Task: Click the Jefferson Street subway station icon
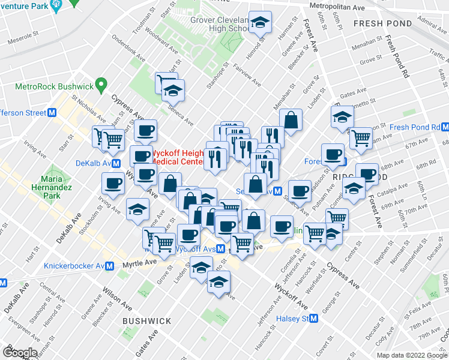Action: point(52,113)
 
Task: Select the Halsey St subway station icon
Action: point(313,319)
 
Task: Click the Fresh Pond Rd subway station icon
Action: point(445,127)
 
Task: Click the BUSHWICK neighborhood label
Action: point(147,321)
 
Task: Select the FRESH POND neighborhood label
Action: point(382,23)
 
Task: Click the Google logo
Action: point(20,353)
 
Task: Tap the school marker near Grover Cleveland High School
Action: point(259,23)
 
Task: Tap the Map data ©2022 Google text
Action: point(412,355)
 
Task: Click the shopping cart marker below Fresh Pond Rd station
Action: point(361,139)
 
